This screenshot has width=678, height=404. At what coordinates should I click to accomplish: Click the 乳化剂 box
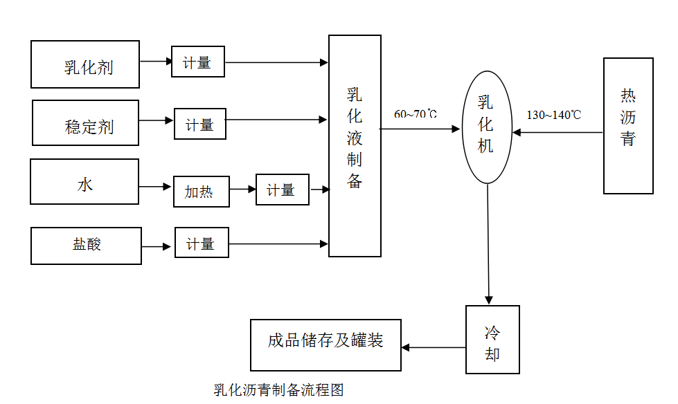pos(85,64)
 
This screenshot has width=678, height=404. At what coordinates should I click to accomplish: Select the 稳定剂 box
pos(86,123)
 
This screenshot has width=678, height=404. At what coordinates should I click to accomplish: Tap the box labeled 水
pos(84,182)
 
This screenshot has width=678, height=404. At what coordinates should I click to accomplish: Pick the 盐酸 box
pos(87,245)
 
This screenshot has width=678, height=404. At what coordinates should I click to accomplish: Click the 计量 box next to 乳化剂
pos(198,62)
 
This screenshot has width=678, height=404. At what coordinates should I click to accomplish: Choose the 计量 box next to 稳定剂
pos(199,125)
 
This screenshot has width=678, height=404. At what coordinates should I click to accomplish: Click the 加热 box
pos(201,191)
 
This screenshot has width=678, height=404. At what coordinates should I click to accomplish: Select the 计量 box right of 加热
pos(282,190)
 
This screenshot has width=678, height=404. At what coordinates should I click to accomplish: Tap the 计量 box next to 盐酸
pos(202,244)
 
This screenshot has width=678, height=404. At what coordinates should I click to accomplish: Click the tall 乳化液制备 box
pos(355,146)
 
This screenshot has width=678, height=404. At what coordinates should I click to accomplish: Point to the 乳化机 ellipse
pos(487,127)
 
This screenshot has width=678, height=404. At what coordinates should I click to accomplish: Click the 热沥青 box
pos(628,126)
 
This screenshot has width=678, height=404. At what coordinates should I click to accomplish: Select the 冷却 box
pos(492,340)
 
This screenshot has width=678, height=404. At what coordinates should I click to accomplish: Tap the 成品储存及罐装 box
pos(325,345)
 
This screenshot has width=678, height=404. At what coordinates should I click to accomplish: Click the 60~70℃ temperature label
pos(416,113)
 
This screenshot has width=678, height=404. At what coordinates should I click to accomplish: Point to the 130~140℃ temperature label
pos(553,115)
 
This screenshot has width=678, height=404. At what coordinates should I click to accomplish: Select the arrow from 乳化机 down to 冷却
pos(488,242)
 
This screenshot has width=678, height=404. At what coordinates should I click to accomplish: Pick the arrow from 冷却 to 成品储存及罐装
pos(434,347)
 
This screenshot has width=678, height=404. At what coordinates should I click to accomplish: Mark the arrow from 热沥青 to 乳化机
pos(557,132)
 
